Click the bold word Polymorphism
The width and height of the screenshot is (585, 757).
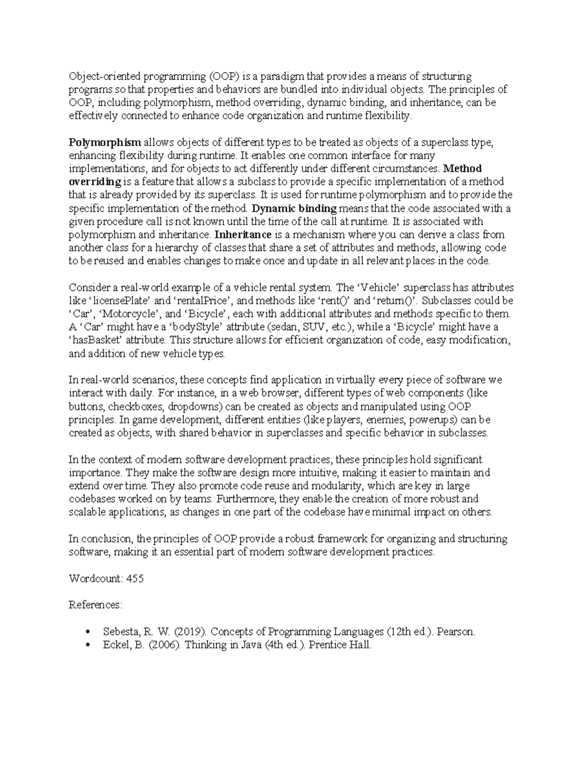105,142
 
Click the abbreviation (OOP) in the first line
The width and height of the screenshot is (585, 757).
225,76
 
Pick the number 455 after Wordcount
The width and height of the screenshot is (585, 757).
135,579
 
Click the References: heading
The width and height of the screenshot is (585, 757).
96,605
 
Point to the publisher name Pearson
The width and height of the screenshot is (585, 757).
455,632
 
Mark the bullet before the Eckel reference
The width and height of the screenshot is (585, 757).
88,645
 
